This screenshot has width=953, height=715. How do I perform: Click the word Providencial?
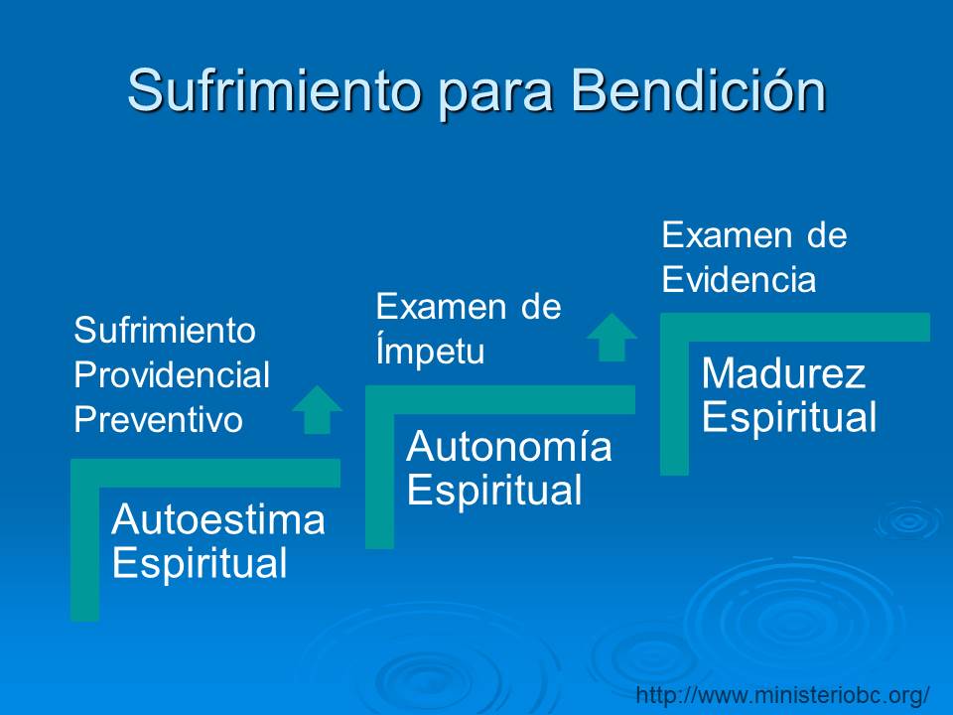[172, 374]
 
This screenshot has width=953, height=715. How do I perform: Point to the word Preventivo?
[158, 419]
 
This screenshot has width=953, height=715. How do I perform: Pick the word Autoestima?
[218, 519]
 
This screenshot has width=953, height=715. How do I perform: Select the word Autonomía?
[508, 446]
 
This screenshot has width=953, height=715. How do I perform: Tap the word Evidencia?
[739, 279]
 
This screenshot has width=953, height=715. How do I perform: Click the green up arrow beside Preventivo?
[318, 410]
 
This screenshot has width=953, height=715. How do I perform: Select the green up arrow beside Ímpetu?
[613, 338]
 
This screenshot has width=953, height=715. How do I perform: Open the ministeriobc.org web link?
[783, 694]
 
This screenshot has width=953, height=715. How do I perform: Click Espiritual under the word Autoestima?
[200, 563]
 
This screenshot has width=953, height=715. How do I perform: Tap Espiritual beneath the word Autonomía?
[494, 490]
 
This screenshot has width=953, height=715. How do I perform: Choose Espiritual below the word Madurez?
[789, 417]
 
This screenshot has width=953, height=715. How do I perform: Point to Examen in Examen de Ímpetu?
[441, 306]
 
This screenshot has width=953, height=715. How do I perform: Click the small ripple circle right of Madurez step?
[908, 521]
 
